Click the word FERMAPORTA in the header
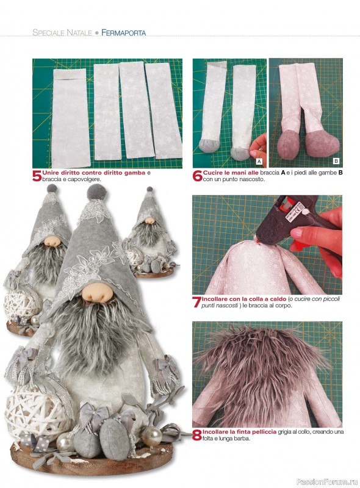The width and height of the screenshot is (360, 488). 124,32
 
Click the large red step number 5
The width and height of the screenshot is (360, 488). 37,176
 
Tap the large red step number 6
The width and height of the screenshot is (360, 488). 198,176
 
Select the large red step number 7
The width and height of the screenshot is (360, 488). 197,302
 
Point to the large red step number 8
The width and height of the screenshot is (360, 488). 197,436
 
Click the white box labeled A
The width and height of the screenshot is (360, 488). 259,161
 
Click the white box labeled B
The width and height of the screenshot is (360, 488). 336,161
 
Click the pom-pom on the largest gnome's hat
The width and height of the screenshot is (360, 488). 96,192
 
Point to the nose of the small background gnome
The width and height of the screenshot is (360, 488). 149,221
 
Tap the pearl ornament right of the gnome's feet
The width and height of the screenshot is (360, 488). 151,436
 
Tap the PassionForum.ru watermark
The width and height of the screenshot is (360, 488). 327,481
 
